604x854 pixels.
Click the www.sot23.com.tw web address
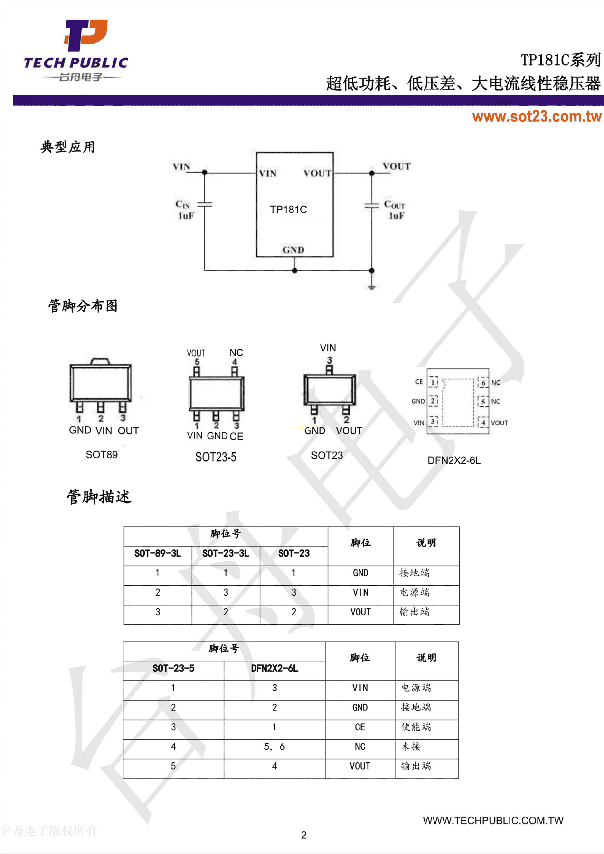pyautogui.click(x=537, y=117)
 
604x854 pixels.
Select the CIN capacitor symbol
pyautogui.click(x=204, y=204)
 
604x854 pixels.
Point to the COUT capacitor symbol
pyautogui.click(x=371, y=205)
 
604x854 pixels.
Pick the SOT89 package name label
pyautogui.click(x=102, y=455)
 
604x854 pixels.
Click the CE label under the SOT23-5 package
pyautogui.click(x=236, y=436)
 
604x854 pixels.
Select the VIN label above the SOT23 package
pyautogui.click(x=328, y=348)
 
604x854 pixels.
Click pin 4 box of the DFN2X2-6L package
pyautogui.click(x=483, y=422)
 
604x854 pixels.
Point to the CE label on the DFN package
pyautogui.click(x=419, y=382)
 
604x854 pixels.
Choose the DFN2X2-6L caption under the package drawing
pyautogui.click(x=454, y=460)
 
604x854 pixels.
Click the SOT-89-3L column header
pyautogui.click(x=158, y=553)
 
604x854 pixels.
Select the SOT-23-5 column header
pyautogui.click(x=173, y=668)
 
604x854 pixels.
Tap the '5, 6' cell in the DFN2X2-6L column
pyautogui.click(x=274, y=746)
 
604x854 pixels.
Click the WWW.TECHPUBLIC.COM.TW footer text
pyautogui.click(x=493, y=820)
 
